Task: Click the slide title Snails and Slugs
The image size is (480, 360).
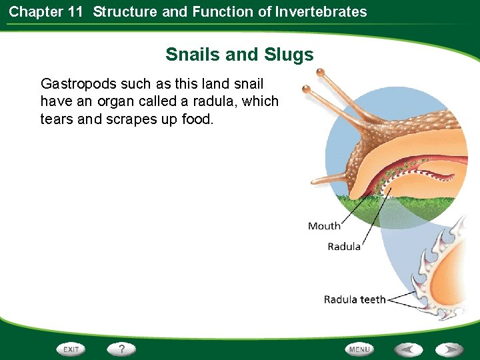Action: (x=239, y=54)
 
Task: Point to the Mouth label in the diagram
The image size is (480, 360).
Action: (x=324, y=226)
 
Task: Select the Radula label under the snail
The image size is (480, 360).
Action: (x=344, y=247)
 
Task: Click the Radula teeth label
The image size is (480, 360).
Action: (x=355, y=299)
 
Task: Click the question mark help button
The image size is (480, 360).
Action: (x=122, y=349)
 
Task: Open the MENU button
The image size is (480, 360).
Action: (x=359, y=349)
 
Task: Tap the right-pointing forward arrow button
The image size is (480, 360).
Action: (x=449, y=349)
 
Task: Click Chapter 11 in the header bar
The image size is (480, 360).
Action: (x=45, y=11)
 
